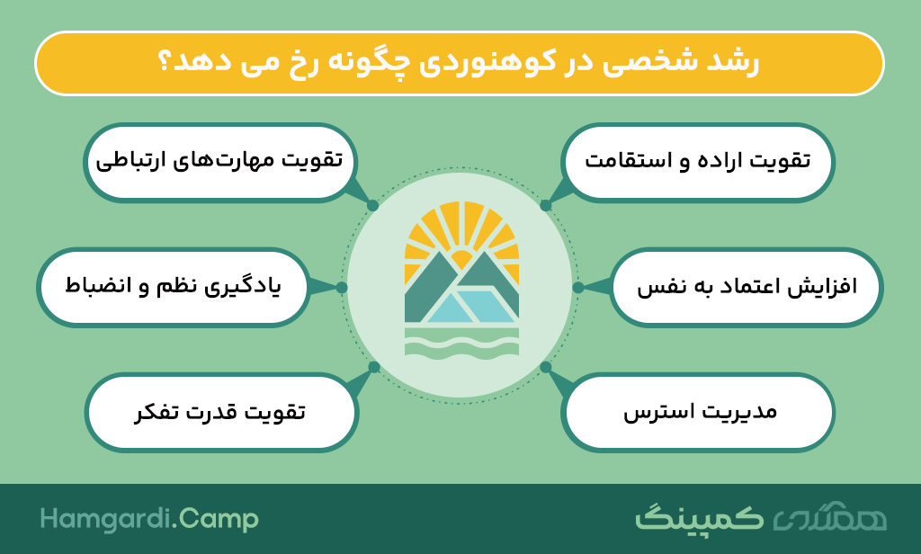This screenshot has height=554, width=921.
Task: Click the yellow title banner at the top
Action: pos(460,64)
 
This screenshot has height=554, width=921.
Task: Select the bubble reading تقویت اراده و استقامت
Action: pos(698,162)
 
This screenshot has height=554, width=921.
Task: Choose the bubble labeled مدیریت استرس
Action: pos(698,413)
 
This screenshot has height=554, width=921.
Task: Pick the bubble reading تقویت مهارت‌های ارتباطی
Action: pos(220,162)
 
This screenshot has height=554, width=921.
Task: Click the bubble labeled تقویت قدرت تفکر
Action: pos(221,413)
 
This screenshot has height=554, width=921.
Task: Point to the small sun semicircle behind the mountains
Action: pos(461,259)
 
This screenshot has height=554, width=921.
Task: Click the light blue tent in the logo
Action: pos(469,306)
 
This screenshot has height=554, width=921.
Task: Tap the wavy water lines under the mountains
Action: pos(461,343)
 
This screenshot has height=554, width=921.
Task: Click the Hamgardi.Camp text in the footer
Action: pos(149,520)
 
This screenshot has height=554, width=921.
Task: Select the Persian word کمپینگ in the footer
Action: pos(698,518)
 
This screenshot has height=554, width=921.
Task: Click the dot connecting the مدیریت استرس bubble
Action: pos(546,367)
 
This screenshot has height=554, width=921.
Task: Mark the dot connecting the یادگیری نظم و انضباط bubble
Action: pos(342,287)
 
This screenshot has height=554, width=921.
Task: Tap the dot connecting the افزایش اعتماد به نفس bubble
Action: pos(578,287)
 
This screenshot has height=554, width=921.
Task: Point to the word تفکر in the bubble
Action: pos(156,413)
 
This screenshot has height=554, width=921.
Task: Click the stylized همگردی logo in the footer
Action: pos(830,517)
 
